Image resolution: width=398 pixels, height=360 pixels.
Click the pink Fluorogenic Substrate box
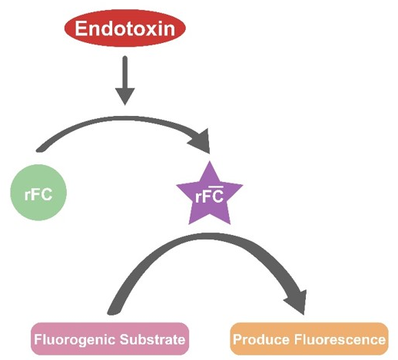pos(108,339)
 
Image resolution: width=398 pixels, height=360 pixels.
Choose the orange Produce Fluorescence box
pos(309,339)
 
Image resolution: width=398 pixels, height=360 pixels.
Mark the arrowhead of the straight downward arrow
pos(124,97)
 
